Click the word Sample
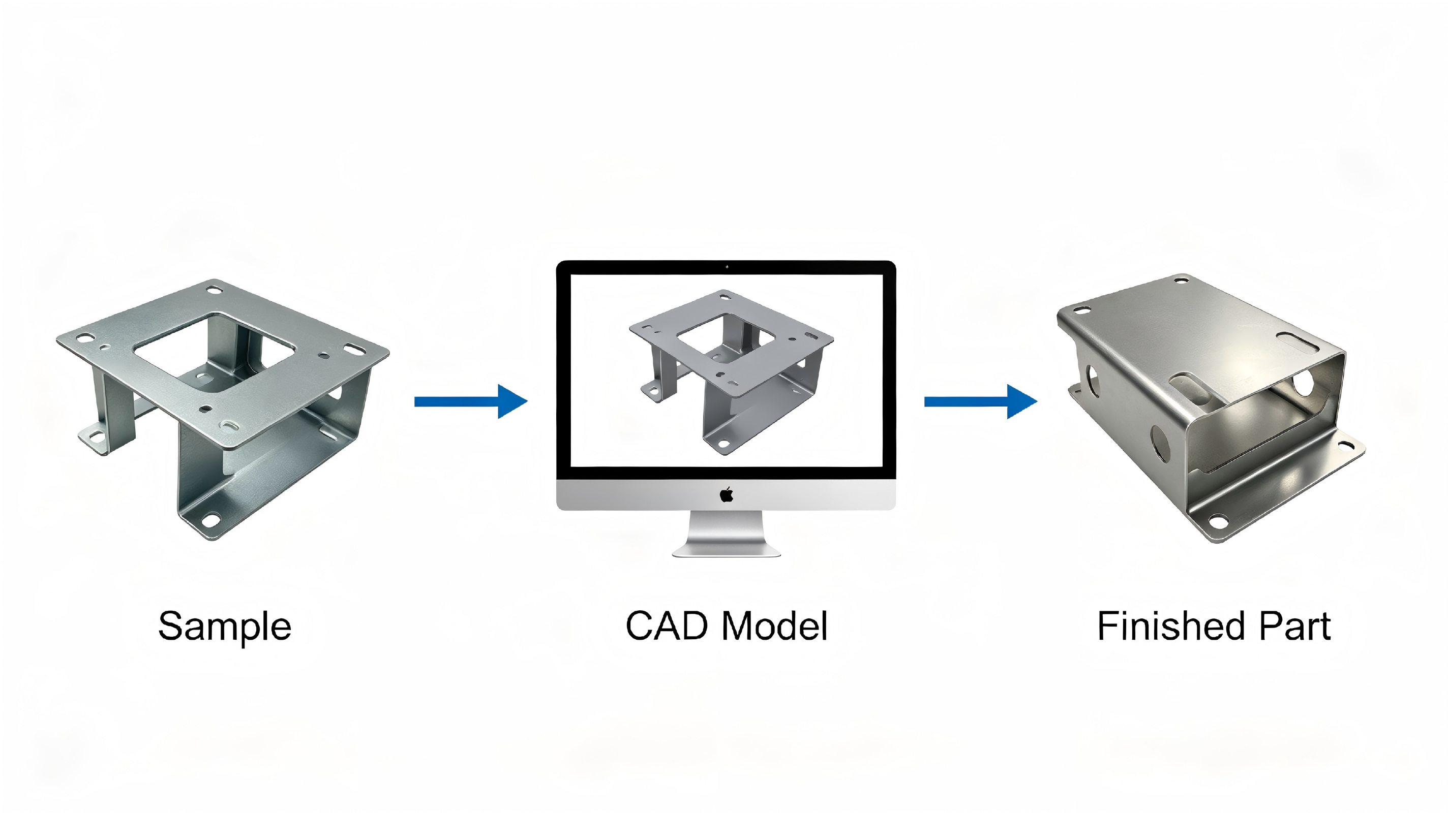(225, 627)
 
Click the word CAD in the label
(667, 626)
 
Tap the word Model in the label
(775, 626)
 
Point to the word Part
(1294, 626)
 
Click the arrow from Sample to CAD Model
(471, 401)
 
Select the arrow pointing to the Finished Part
(981, 401)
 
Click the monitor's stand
(726, 534)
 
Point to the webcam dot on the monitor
(727, 267)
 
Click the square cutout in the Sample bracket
(214, 351)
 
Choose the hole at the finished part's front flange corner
(1217, 523)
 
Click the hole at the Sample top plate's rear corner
(214, 291)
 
